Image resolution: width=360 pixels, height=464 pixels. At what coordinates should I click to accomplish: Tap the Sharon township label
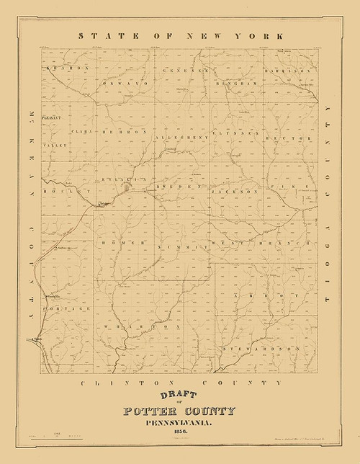pyautogui.click(x=66, y=68)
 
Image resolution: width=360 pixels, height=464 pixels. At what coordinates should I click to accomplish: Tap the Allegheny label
pyautogui.click(x=179, y=134)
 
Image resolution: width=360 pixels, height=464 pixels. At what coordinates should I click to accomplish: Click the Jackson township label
pyautogui.click(x=235, y=192)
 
